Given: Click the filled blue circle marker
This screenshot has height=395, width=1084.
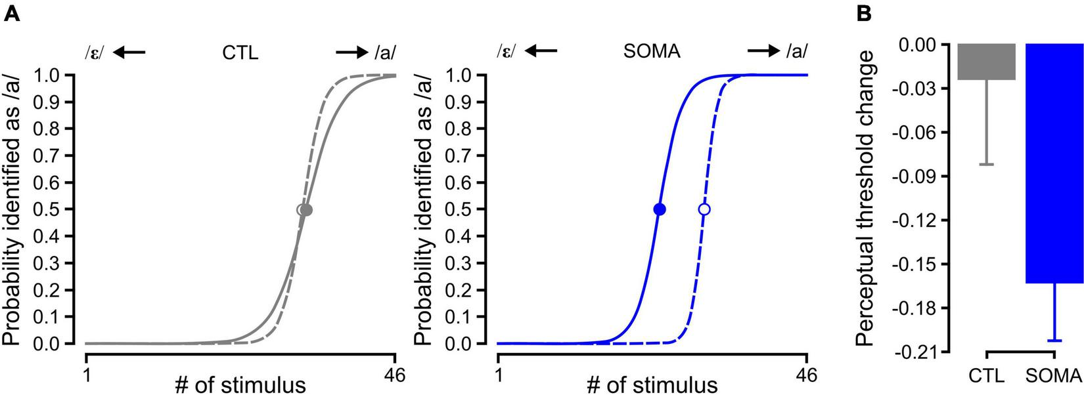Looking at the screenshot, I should (660, 209).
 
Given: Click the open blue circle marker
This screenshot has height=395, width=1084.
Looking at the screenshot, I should (704, 209).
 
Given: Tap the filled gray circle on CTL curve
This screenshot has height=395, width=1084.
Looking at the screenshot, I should (306, 210).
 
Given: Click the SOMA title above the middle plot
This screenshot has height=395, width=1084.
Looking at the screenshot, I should (652, 52).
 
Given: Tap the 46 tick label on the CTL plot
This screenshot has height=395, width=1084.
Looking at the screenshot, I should (395, 375).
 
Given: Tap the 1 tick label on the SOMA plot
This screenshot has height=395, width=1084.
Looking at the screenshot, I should (499, 375).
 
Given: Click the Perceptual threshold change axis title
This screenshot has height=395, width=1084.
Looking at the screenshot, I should (868, 197).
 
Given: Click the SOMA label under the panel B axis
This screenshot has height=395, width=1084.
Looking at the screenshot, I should (1052, 376).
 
